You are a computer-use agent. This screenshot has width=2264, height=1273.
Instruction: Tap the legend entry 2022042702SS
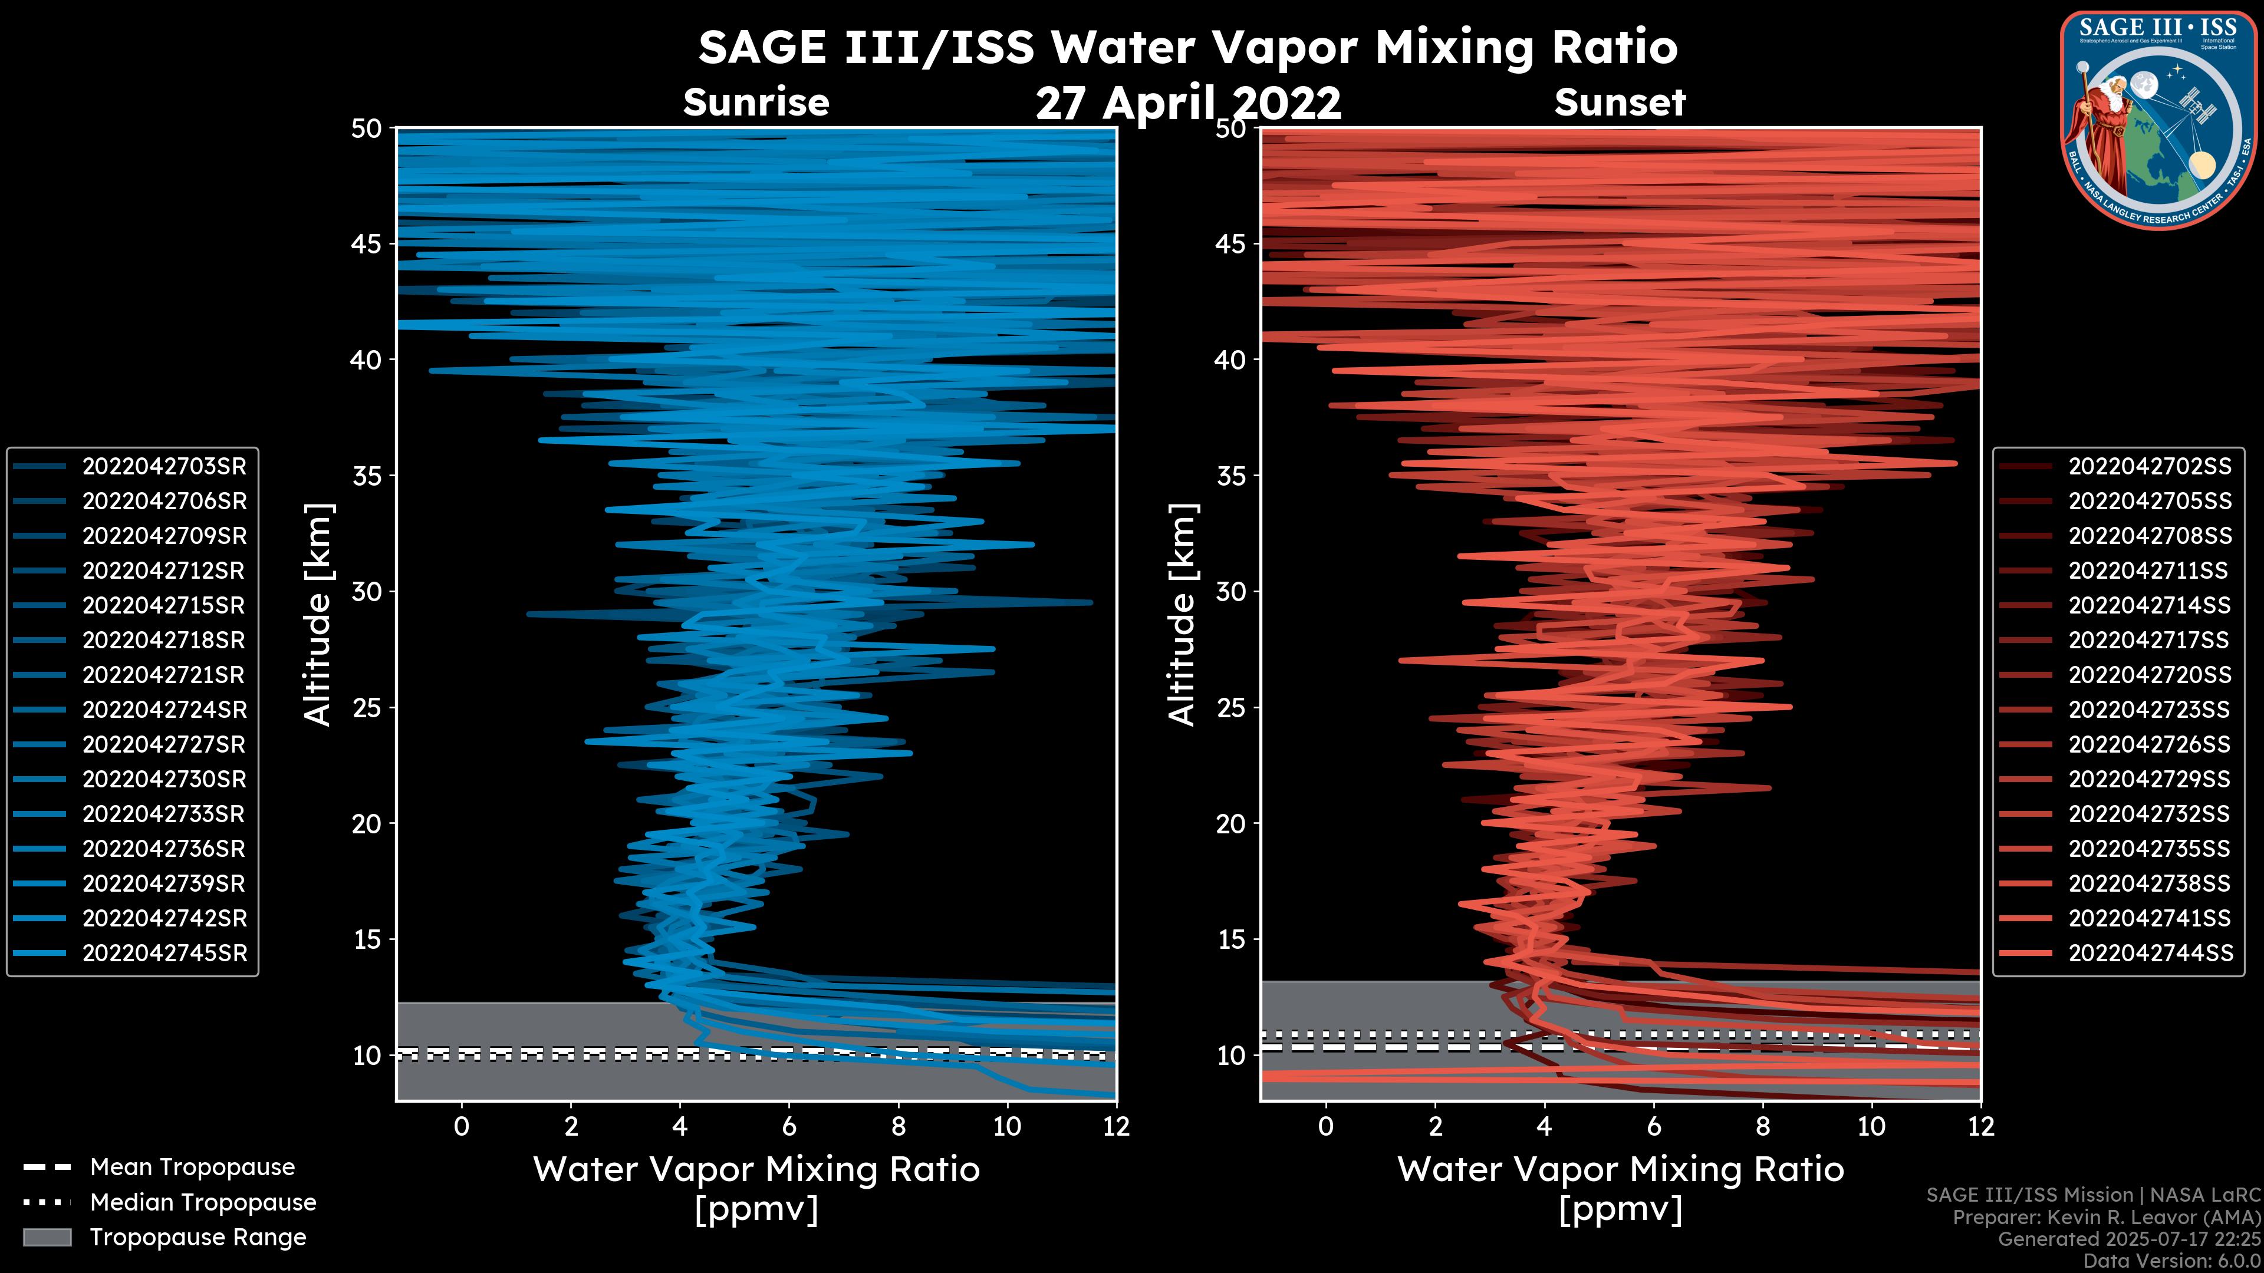[2149, 467]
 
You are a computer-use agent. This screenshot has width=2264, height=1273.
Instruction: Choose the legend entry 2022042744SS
[2149, 953]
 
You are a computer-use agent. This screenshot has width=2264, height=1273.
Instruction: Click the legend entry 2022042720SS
[2149, 675]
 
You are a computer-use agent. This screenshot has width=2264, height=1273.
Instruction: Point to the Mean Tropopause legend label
[192, 1168]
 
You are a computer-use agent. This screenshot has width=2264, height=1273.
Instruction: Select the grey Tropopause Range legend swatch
[47, 1237]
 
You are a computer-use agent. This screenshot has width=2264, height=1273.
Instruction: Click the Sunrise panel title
[756, 103]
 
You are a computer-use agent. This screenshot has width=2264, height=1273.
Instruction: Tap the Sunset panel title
[1620, 103]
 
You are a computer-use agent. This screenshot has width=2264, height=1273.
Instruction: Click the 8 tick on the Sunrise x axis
[898, 1126]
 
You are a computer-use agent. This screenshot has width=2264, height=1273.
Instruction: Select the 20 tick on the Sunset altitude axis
[1230, 824]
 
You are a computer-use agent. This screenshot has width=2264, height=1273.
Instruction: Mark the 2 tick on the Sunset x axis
[1435, 1126]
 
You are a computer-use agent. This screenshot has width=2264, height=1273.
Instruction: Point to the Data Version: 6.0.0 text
[2173, 1261]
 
